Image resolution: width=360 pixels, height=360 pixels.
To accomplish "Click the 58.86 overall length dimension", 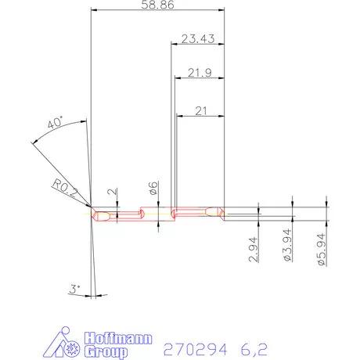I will (x=157, y=5).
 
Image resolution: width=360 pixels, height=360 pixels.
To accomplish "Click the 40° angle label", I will (x=54, y=124).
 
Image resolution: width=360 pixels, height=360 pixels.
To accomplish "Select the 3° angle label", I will (x=75, y=289).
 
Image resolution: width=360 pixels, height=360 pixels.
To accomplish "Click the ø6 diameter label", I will (x=153, y=188).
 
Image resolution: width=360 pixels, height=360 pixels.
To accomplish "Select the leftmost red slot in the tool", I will (x=104, y=214).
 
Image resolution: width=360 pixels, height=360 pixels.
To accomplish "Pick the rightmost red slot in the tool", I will (x=212, y=211).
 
